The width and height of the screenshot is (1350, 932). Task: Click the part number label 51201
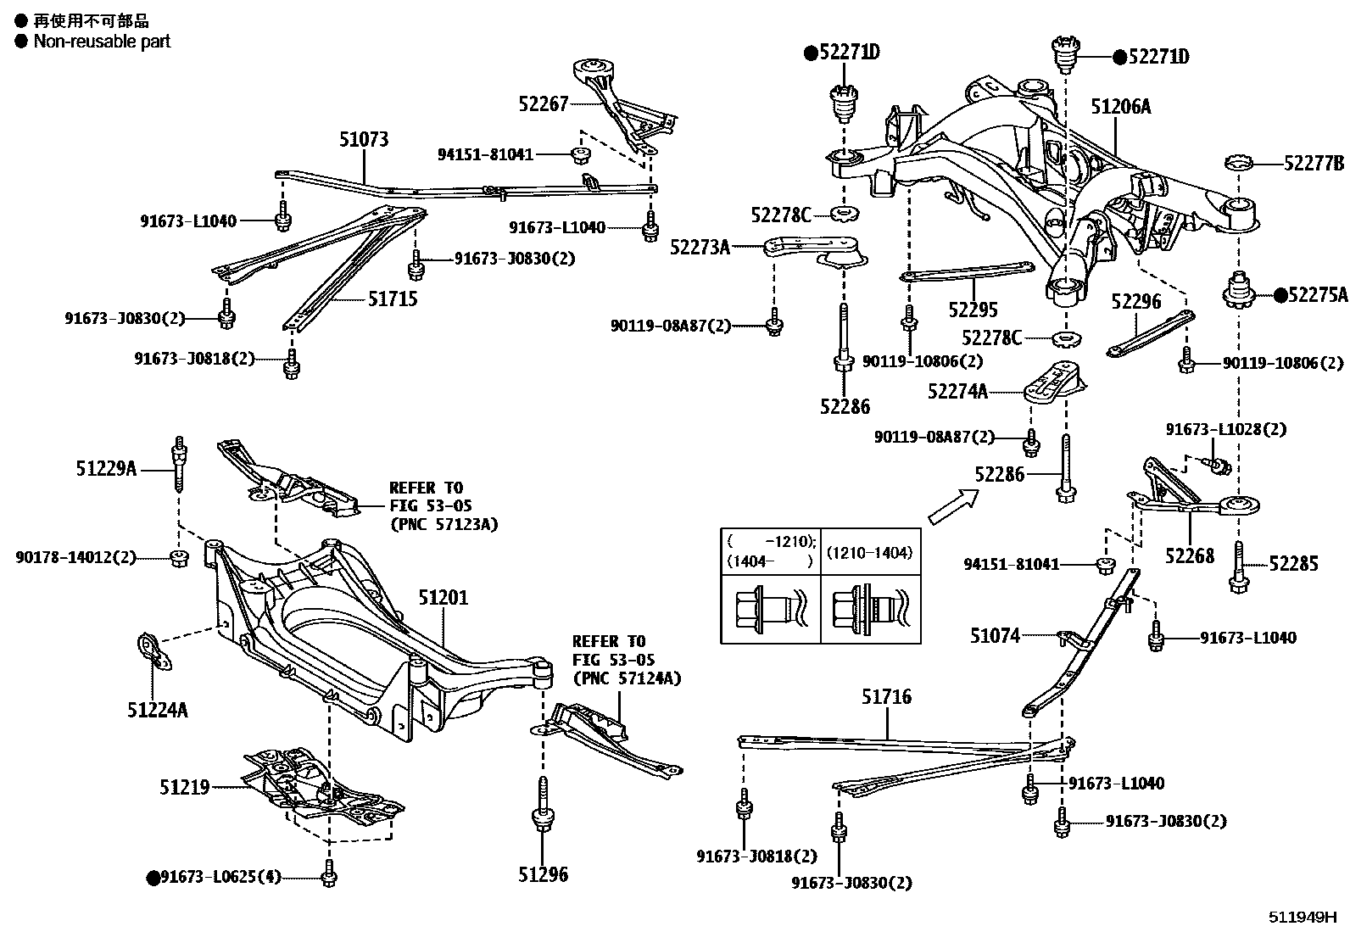pyautogui.click(x=442, y=598)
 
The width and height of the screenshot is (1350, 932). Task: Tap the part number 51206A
pyautogui.click(x=1120, y=106)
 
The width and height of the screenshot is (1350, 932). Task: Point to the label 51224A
pyautogui.click(x=158, y=709)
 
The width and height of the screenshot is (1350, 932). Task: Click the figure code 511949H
pyautogui.click(x=1302, y=918)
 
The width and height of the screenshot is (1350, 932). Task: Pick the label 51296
pyautogui.click(x=543, y=874)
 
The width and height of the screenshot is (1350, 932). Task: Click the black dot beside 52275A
pyautogui.click(x=1280, y=295)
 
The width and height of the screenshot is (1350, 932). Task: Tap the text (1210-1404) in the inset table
pyautogui.click(x=869, y=553)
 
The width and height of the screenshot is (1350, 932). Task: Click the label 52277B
pyautogui.click(x=1314, y=164)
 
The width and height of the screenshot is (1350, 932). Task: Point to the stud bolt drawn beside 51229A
pyautogui.click(x=179, y=464)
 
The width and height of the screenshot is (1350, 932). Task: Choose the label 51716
pyautogui.click(x=886, y=696)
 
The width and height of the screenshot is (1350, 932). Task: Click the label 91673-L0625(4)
pyautogui.click(x=221, y=877)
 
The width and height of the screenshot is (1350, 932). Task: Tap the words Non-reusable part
pyautogui.click(x=102, y=41)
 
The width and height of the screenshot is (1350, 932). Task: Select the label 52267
pyautogui.click(x=543, y=103)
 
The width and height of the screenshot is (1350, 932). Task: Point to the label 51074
pyautogui.click(x=995, y=634)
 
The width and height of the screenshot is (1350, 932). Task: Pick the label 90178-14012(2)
pyautogui.click(x=75, y=557)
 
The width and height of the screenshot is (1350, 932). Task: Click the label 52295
pyautogui.click(x=973, y=310)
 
